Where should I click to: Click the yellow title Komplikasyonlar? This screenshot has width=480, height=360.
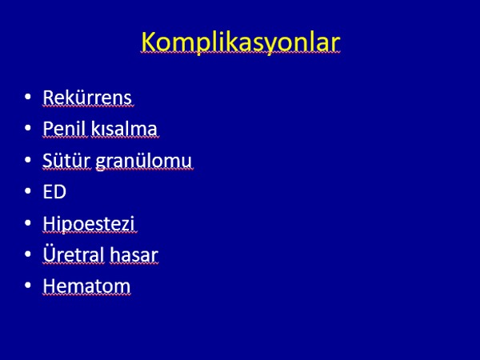(x=241, y=42)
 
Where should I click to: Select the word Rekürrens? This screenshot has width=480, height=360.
(x=87, y=98)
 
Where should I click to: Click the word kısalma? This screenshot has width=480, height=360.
(x=124, y=128)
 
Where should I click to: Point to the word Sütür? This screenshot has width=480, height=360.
(x=66, y=160)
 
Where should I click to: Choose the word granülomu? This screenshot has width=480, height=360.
(x=144, y=161)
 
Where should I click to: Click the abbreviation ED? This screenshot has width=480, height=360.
(x=54, y=192)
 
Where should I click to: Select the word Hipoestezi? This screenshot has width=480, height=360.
(x=89, y=224)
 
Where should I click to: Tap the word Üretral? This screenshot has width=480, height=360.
(x=74, y=254)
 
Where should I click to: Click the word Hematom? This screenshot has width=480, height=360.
(x=86, y=286)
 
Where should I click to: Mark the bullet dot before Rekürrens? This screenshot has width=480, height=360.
(x=28, y=97)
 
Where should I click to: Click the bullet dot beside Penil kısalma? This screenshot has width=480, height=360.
(x=28, y=128)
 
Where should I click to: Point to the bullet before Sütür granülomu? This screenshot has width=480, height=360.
(x=28, y=159)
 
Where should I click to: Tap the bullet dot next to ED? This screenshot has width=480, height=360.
(x=28, y=191)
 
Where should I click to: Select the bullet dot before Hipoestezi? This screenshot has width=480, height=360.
(x=28, y=222)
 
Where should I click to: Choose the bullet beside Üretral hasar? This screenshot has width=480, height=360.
(x=28, y=254)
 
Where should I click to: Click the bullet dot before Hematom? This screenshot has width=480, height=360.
(x=28, y=286)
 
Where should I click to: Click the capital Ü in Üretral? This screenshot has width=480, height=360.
(x=49, y=254)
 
